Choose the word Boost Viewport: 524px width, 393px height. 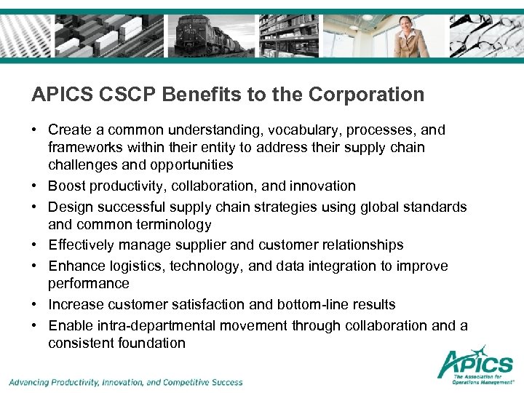click(67, 186)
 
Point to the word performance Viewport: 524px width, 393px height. click(89, 284)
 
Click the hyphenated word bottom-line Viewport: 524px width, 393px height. click(301, 305)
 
